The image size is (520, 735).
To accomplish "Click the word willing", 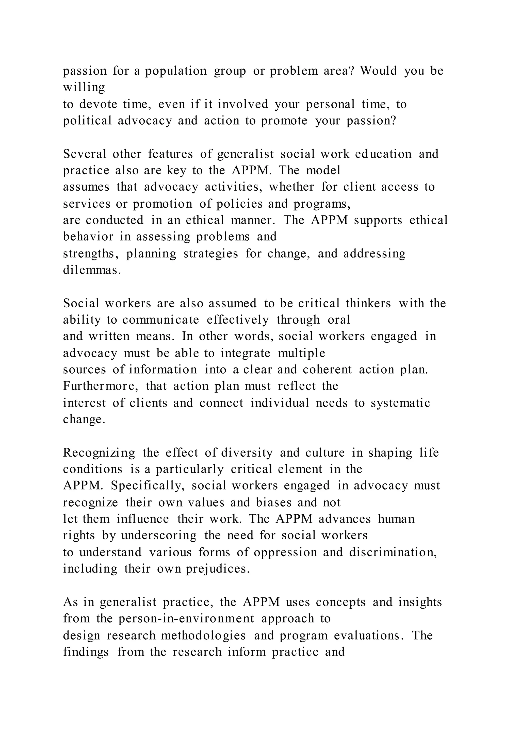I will click(x=84, y=87).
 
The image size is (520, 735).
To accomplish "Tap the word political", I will click(x=87, y=121).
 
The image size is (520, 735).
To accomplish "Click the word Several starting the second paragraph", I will click(x=85, y=154).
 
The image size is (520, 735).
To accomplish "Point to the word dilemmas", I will click(x=92, y=270).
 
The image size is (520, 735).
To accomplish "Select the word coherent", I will click(x=327, y=370).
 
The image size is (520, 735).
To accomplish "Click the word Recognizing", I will click(x=99, y=453).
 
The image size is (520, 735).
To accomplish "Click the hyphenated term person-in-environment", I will click(x=186, y=619).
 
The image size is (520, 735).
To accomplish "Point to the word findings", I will click(x=86, y=652).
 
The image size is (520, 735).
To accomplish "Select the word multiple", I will click(x=301, y=353).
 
